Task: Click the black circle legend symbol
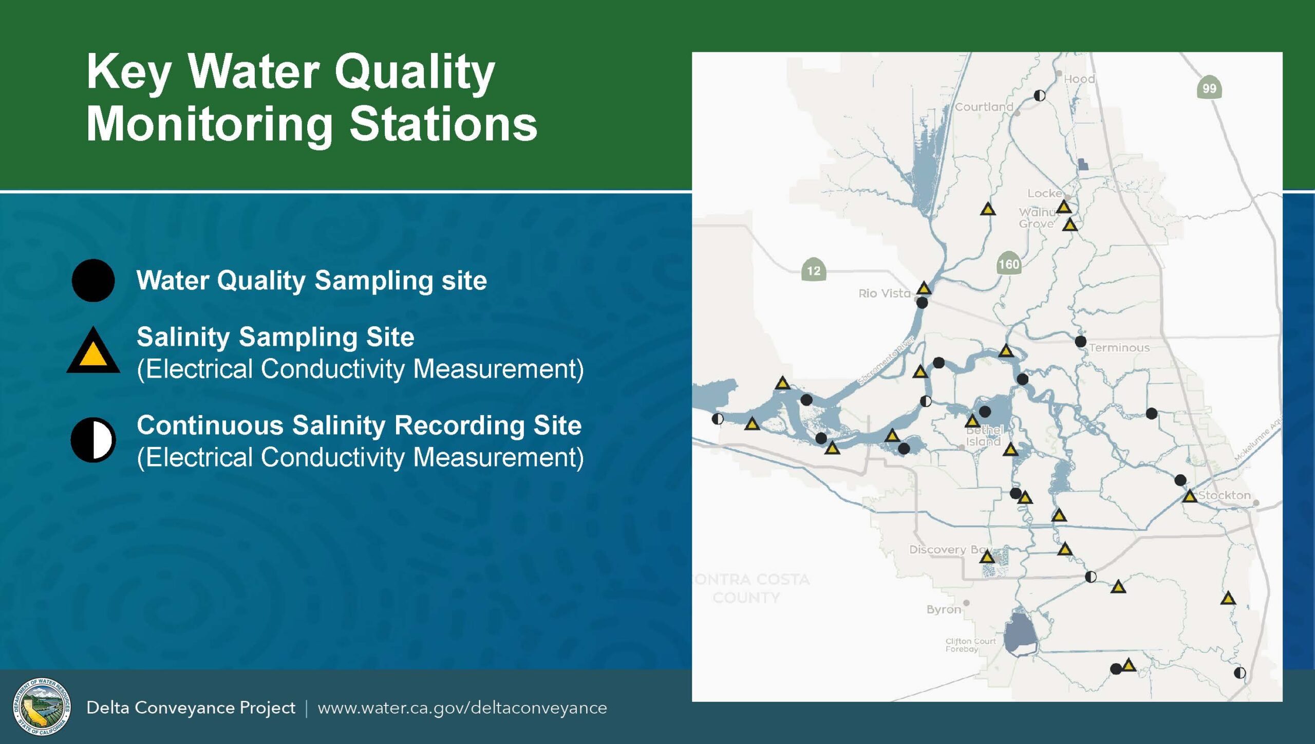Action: (93, 281)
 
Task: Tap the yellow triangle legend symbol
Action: (93, 352)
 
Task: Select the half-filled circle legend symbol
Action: (93, 440)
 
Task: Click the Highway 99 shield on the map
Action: (1209, 88)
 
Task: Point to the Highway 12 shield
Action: (814, 270)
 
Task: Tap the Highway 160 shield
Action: (1008, 264)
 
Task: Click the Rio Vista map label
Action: (884, 293)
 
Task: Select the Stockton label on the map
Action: (1224, 495)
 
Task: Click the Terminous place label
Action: (1119, 348)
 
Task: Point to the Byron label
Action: (944, 609)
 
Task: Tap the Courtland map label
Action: (984, 107)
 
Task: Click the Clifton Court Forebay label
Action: (970, 645)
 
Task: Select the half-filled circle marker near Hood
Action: (1039, 96)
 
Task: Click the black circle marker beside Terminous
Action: (1080, 341)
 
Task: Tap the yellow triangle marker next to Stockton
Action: (1190, 496)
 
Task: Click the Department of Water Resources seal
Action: (42, 706)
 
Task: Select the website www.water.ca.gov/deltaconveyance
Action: (462, 708)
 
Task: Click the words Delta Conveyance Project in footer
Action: (191, 708)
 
